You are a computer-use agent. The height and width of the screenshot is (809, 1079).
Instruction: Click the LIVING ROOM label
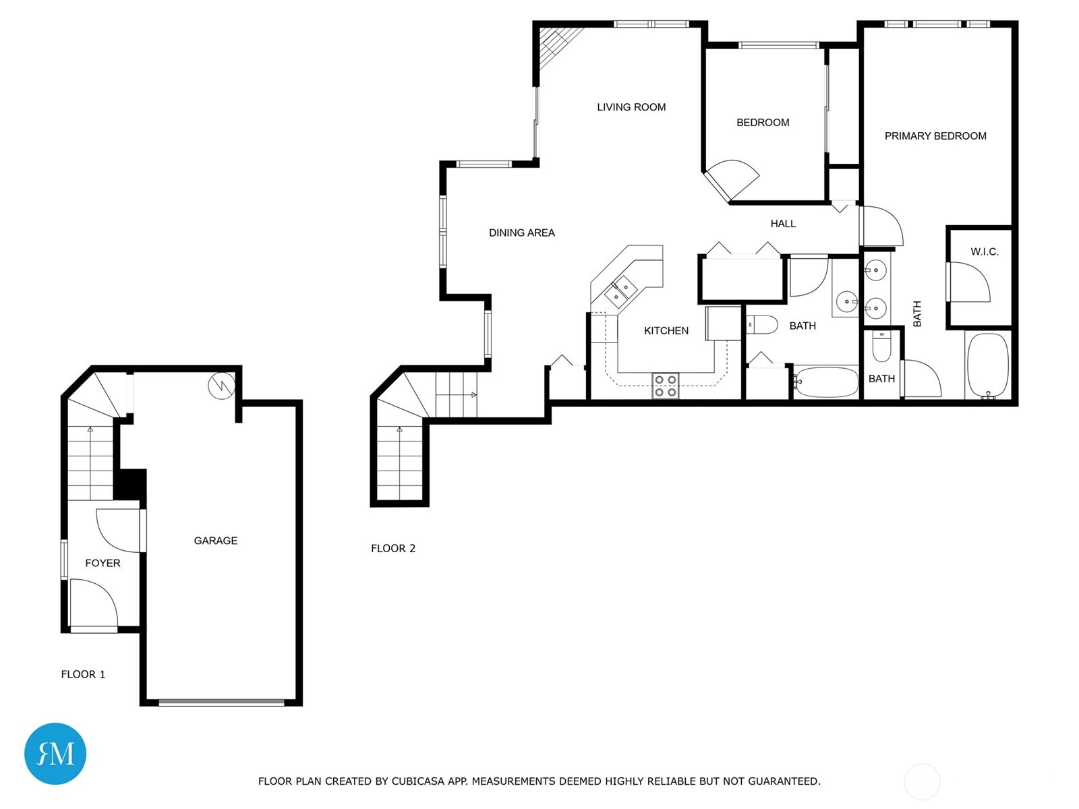[631, 107]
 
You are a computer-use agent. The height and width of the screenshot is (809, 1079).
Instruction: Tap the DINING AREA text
[521, 233]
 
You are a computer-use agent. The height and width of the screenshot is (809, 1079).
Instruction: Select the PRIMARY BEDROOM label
[935, 136]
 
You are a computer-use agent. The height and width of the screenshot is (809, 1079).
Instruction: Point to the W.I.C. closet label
[984, 252]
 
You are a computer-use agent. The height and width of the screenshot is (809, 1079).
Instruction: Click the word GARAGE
[215, 540]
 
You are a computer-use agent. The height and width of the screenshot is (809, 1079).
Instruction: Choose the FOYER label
[103, 563]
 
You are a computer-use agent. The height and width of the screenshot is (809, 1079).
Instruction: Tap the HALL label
[782, 224]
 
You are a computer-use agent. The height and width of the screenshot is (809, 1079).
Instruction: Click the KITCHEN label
[666, 330]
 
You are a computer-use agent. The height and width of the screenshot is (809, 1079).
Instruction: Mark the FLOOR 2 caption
[392, 548]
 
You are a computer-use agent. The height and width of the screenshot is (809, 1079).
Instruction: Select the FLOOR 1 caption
[83, 674]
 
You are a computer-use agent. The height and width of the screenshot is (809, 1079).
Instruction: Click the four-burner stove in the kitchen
[665, 386]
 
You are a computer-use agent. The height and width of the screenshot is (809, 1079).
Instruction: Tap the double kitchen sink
[620, 291]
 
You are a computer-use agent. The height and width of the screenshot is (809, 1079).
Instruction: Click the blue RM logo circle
[55, 754]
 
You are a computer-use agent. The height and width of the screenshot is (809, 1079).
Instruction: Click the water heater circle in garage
[222, 386]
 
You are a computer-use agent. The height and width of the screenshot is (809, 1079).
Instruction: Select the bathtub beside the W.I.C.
[987, 365]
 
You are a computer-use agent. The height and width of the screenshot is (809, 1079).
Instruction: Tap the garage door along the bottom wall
[222, 702]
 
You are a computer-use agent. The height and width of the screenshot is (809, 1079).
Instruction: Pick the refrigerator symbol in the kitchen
[723, 323]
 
